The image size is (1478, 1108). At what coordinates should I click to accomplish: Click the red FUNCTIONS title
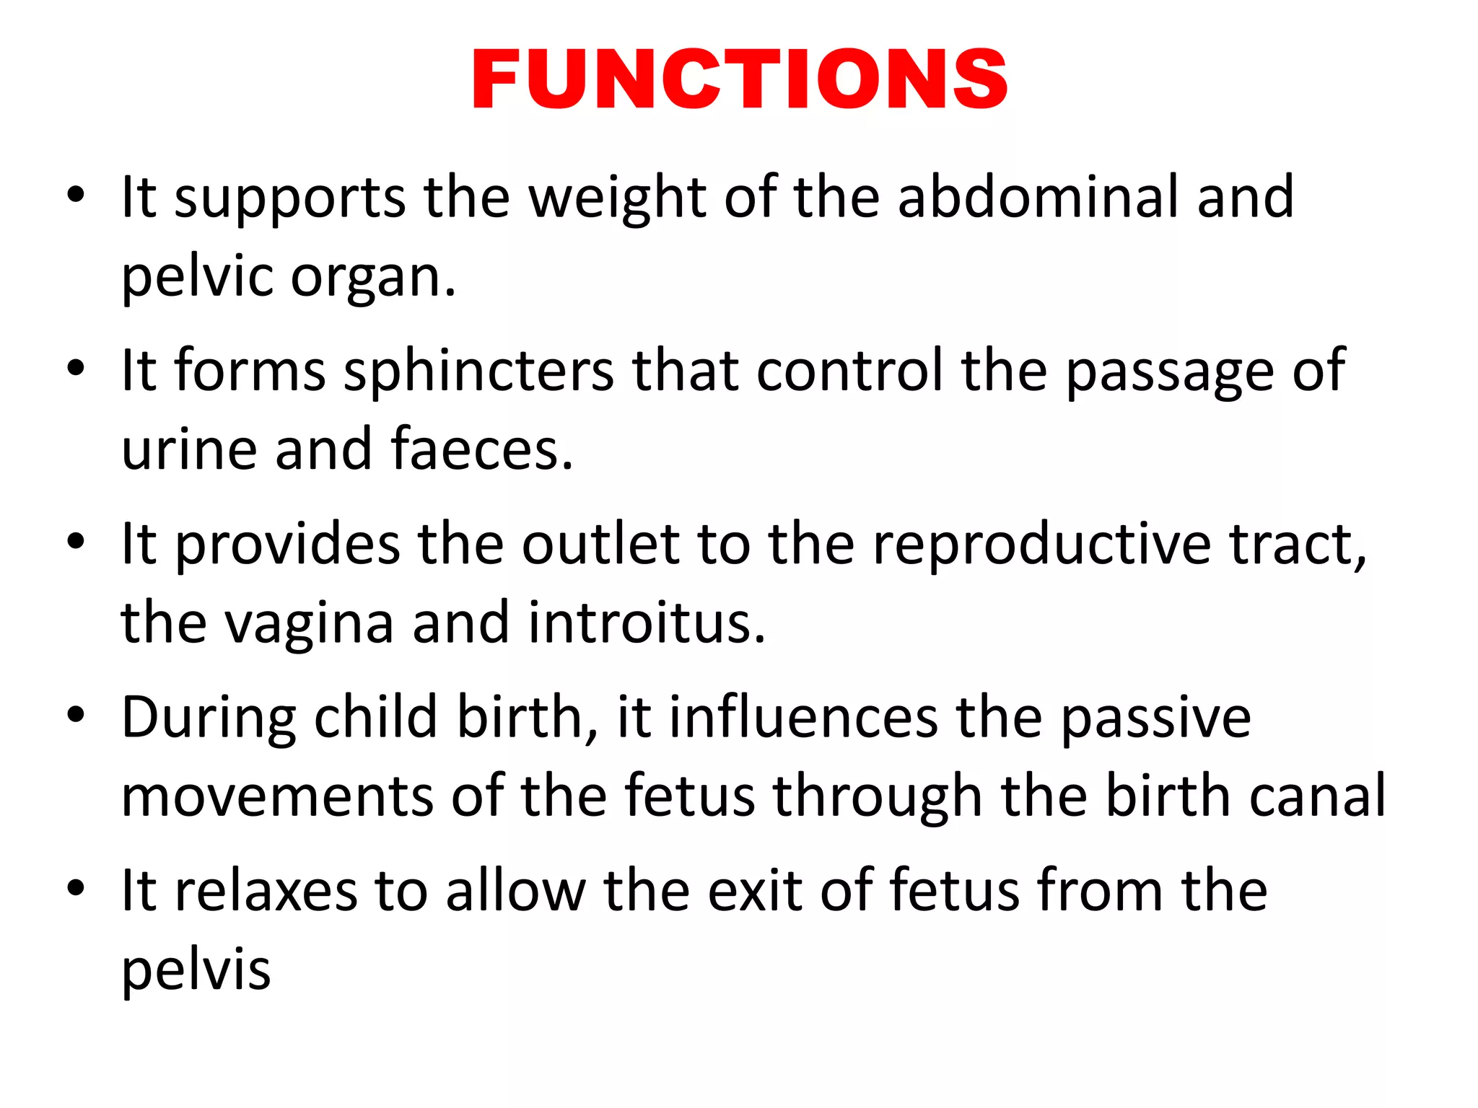click(x=739, y=79)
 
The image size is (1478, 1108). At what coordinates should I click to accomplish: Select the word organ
click(x=372, y=278)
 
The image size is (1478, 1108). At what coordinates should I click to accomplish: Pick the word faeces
click(x=481, y=449)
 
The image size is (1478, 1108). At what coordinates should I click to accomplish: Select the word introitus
click(x=646, y=623)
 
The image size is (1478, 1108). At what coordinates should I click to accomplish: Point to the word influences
click(x=803, y=718)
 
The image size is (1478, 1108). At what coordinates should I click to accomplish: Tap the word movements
click(x=277, y=796)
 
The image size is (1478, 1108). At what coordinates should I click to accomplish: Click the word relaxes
click(x=266, y=891)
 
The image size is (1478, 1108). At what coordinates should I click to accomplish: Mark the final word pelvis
click(x=196, y=970)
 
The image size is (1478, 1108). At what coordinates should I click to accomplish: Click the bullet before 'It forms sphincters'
click(x=76, y=370)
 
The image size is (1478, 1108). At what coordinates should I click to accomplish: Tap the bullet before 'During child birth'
click(x=76, y=716)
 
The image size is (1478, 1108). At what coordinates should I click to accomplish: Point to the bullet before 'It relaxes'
click(x=76, y=889)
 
